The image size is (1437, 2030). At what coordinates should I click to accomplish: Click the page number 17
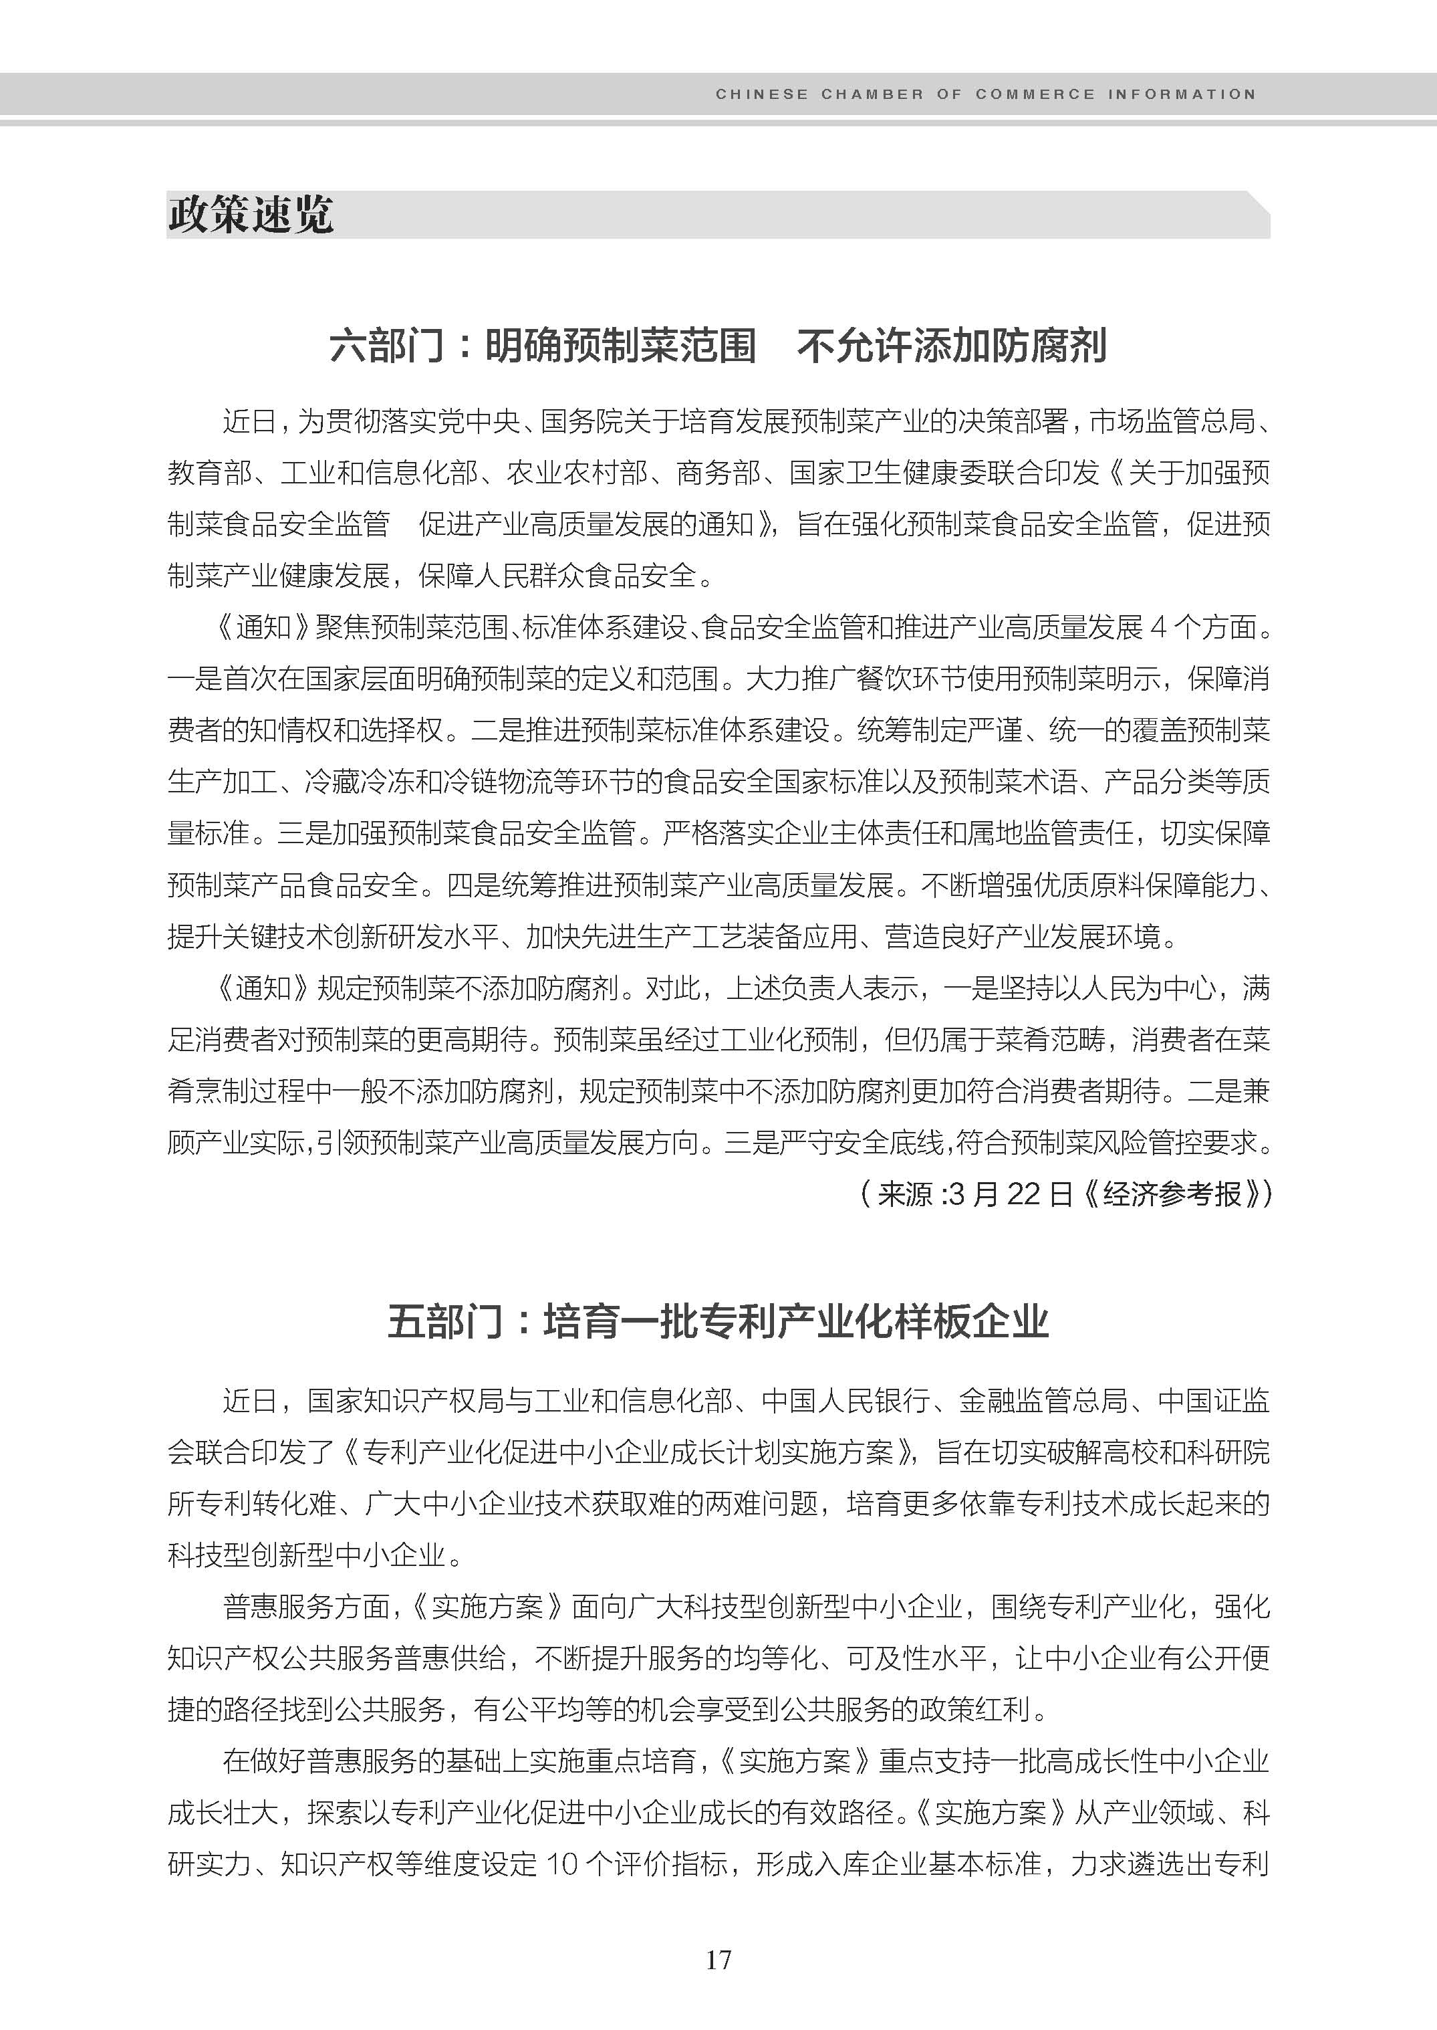coord(718,1959)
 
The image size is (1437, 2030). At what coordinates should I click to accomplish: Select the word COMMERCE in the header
coord(1035,94)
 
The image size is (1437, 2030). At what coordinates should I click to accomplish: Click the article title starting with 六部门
coord(718,345)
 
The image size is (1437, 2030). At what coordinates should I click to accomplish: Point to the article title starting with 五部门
coord(718,1322)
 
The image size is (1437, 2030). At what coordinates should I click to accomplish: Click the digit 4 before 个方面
coord(1158,629)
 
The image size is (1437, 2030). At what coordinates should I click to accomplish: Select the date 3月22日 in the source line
coord(1009,1194)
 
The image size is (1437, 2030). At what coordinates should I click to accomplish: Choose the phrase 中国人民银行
coord(845,1401)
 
